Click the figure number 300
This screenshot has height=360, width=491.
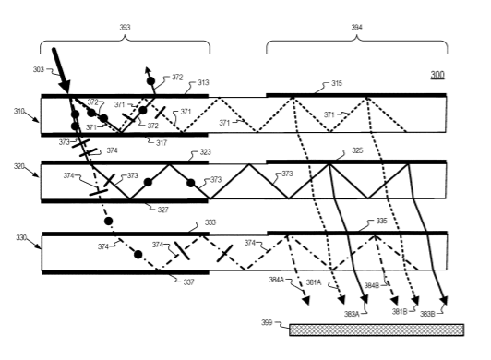click(437, 75)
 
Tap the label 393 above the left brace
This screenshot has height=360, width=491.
click(125, 28)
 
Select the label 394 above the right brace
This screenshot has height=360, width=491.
click(356, 28)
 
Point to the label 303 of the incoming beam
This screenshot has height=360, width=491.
click(39, 69)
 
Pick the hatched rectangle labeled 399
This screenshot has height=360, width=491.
click(377, 330)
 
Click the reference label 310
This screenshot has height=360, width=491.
click(19, 111)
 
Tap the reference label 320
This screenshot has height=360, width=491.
click(19, 166)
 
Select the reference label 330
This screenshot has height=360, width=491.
click(21, 238)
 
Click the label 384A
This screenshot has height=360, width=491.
click(277, 280)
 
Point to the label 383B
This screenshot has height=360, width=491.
click(427, 314)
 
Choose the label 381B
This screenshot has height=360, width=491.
click(400, 312)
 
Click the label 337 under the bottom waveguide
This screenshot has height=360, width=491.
click(188, 282)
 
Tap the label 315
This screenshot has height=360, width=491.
click(337, 83)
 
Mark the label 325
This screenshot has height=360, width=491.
click(357, 150)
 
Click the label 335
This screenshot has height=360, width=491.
click(381, 221)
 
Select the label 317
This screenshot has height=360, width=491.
click(162, 143)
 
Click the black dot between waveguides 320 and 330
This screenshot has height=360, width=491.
click(108, 222)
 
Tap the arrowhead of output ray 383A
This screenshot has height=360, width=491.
click(365, 299)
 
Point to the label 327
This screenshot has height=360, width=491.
click(162, 210)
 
